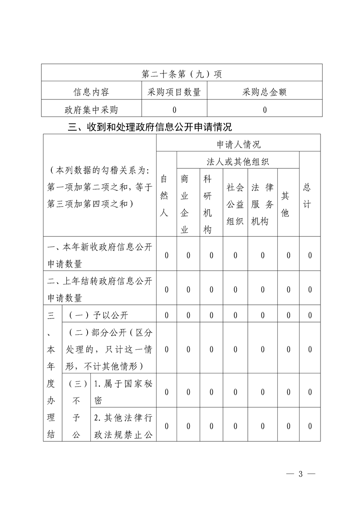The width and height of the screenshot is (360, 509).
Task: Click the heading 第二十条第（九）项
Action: (182, 73)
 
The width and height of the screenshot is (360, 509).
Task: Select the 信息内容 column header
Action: (91, 93)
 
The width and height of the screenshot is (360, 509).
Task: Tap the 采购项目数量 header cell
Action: (174, 93)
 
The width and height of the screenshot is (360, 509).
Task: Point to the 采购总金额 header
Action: (265, 93)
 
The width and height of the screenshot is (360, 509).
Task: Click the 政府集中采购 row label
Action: (91, 109)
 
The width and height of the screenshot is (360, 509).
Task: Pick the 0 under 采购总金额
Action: (265, 109)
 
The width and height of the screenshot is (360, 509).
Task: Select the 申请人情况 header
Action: (238, 145)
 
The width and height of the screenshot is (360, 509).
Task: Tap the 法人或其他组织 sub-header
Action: (238, 161)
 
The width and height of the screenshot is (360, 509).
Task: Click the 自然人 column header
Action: (166, 196)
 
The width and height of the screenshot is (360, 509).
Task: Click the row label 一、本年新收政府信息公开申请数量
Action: (100, 255)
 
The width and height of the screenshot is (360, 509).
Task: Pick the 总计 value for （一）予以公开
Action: (310, 315)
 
